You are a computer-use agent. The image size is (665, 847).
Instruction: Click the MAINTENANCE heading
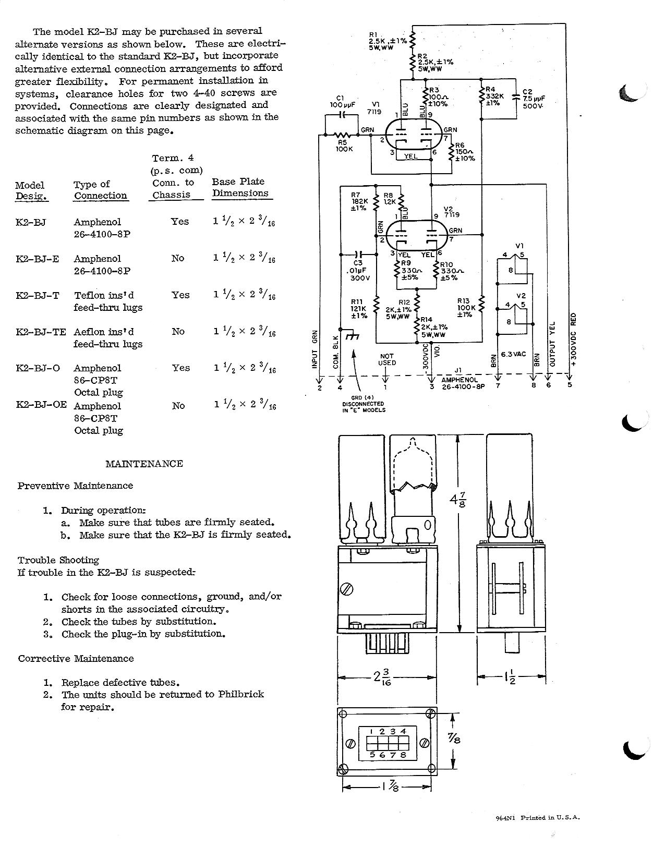click(x=144, y=464)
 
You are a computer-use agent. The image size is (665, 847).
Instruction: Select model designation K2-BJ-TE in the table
click(x=41, y=332)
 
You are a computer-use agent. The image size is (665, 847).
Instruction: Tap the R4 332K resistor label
click(x=494, y=96)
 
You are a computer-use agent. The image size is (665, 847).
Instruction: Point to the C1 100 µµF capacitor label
click(x=342, y=102)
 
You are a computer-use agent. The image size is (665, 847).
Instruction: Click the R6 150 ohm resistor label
click(x=465, y=152)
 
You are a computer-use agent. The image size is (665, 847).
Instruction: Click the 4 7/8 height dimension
click(x=458, y=500)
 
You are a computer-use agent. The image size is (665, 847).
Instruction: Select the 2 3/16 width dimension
click(x=381, y=676)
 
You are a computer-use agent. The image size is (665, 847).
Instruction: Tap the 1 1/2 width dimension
click(x=511, y=676)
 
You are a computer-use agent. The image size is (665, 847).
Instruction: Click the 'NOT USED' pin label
click(x=387, y=359)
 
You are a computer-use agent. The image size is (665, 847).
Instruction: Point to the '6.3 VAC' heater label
click(x=513, y=354)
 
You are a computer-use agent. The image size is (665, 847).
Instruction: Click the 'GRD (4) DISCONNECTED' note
click(x=364, y=404)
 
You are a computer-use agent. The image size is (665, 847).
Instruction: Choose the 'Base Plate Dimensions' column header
click(x=240, y=187)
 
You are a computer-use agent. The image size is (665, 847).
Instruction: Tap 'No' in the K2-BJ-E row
click(x=178, y=258)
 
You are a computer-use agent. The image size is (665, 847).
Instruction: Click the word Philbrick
click(x=240, y=694)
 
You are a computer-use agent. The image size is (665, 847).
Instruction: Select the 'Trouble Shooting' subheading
click(x=58, y=560)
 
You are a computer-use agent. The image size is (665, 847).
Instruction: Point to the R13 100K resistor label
click(x=466, y=308)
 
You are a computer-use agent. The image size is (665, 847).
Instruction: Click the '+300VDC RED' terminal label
click(x=573, y=340)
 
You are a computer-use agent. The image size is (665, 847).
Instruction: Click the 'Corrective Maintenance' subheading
click(x=76, y=659)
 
